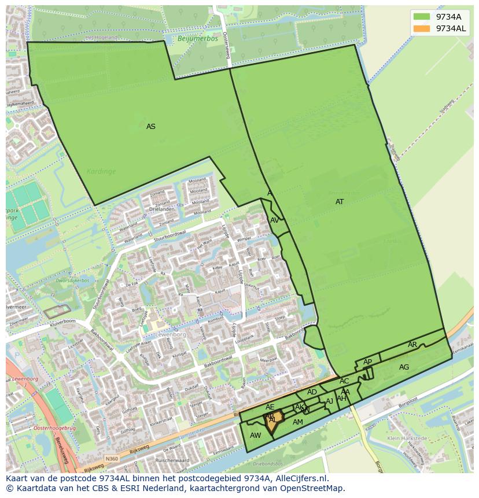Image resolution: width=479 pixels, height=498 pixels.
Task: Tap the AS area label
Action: (150, 127)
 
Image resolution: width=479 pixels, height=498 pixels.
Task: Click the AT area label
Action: (340, 202)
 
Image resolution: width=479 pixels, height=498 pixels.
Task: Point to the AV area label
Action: (275, 220)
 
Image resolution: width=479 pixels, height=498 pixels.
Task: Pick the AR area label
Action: (412, 345)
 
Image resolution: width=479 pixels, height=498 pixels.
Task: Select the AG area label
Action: (404, 367)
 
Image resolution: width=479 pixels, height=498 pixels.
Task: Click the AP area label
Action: (367, 362)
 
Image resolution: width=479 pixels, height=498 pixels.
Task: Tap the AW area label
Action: (255, 436)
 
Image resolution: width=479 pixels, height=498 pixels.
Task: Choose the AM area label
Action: (297, 422)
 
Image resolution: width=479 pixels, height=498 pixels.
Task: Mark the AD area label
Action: (312, 392)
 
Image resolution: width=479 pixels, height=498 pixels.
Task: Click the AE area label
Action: (270, 407)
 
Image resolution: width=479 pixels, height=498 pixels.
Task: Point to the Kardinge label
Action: (101, 171)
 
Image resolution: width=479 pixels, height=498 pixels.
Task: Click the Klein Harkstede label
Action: (407, 438)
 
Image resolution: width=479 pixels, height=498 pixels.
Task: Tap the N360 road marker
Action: (112, 459)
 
